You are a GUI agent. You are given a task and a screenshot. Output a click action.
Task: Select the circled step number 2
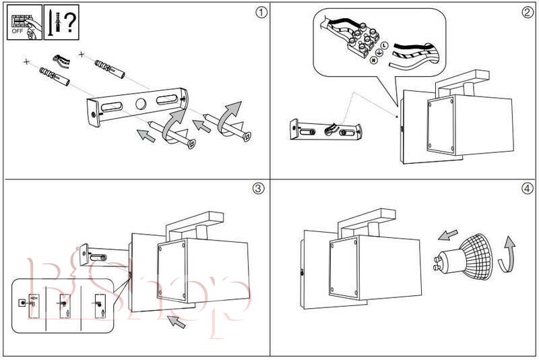[x=527, y=12]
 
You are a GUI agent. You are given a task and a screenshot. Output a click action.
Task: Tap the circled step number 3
[x=257, y=188]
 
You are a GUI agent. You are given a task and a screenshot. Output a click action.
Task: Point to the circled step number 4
[x=527, y=188]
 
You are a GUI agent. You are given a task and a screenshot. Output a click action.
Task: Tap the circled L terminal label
[x=383, y=45]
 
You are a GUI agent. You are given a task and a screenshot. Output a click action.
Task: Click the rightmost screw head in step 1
[x=247, y=136]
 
